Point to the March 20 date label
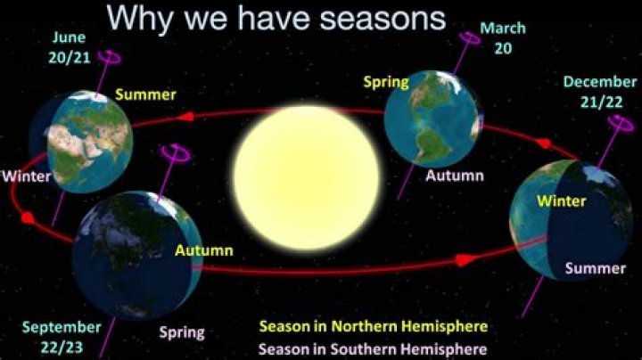(x=503, y=37)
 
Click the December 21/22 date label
(x=599, y=92)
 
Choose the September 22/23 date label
(x=62, y=337)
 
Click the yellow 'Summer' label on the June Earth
(x=145, y=94)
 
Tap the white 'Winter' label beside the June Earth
(x=26, y=176)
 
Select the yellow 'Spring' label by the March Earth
(x=385, y=82)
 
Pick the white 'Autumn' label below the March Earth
(x=455, y=176)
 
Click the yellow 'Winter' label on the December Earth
(x=561, y=200)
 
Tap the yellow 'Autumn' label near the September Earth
(x=203, y=250)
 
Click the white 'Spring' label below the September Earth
(x=182, y=332)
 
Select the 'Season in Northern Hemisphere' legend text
(x=373, y=325)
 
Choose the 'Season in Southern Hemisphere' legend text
(x=373, y=347)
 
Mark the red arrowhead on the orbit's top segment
(x=188, y=116)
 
